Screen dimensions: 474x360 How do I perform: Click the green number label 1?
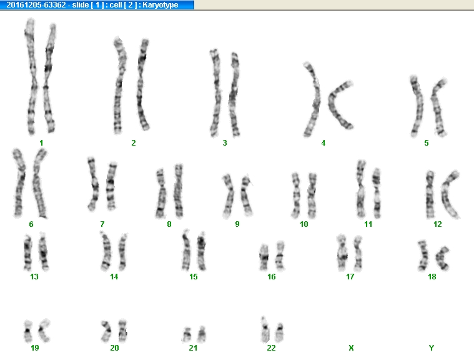coord(41,142)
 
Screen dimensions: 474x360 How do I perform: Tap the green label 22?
coord(271,348)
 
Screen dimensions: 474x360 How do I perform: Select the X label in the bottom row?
coord(351,348)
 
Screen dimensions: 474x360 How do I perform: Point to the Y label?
coord(432,348)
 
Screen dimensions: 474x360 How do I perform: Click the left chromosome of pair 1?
coord(32,76)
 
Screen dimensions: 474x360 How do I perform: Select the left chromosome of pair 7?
coord(94,184)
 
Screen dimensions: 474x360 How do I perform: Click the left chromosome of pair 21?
coord(187,334)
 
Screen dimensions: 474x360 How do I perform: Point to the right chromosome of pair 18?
coord(442,258)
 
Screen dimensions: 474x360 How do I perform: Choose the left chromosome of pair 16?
coord(264,257)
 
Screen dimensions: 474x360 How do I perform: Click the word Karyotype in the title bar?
coord(160,5)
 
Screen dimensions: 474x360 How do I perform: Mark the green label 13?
coord(34,276)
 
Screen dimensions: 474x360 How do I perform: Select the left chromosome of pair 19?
coord(28,331)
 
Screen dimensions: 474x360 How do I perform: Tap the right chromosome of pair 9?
coord(247,195)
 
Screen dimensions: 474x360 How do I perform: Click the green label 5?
coord(427,142)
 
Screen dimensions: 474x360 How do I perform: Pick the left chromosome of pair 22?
coord(265,330)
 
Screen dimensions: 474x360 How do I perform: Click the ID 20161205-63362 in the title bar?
coord(36,5)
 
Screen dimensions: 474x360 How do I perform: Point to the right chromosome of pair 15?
coord(201,251)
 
